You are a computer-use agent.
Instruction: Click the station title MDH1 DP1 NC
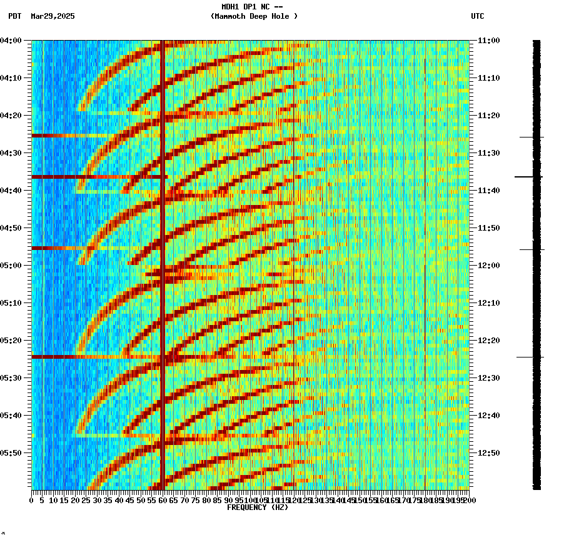[252, 7]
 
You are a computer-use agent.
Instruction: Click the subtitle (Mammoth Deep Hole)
[254, 16]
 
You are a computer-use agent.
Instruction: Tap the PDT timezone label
[14, 16]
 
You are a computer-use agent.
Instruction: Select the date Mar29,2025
[53, 16]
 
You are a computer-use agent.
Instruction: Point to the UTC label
[477, 16]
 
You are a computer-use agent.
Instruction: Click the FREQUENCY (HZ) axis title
[257, 507]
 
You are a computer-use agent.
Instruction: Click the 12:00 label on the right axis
[488, 266]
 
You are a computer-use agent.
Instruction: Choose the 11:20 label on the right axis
[488, 116]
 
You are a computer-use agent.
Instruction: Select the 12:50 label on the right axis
[488, 453]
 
